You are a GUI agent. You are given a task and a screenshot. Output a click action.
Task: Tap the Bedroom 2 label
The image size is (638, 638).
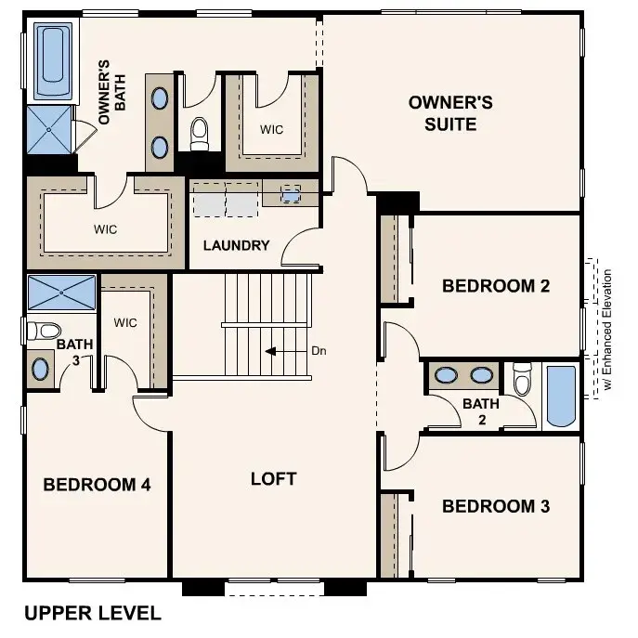[x=496, y=285]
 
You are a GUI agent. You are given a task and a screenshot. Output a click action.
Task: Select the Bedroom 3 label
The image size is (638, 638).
[x=496, y=506]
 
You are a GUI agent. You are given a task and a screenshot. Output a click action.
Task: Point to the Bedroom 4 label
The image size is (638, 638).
[x=97, y=484]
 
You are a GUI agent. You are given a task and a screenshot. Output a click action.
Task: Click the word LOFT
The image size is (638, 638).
[x=274, y=478]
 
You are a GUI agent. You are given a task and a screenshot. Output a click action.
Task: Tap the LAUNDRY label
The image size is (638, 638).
[x=236, y=246]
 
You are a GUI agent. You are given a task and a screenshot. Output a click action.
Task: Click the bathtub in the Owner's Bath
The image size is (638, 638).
[x=53, y=61]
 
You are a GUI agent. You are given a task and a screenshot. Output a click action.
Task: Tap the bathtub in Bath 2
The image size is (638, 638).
[x=561, y=397]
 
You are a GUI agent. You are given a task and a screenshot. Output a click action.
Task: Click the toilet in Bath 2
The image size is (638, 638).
[x=522, y=379]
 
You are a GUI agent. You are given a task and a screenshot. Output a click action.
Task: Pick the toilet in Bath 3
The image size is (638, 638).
[x=44, y=329]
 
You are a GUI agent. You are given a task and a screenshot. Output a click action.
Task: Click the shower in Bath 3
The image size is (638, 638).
[x=62, y=293]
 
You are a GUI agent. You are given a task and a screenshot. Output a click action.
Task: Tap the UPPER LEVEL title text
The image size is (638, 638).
[x=92, y=613]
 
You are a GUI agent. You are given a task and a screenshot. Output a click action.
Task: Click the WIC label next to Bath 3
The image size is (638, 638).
[x=125, y=323]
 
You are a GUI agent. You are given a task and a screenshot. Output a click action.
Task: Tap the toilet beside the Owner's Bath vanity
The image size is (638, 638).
[x=200, y=136]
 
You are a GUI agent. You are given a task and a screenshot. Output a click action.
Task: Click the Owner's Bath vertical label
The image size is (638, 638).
[x=111, y=93]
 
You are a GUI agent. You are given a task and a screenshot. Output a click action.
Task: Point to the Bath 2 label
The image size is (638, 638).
[x=481, y=410]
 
